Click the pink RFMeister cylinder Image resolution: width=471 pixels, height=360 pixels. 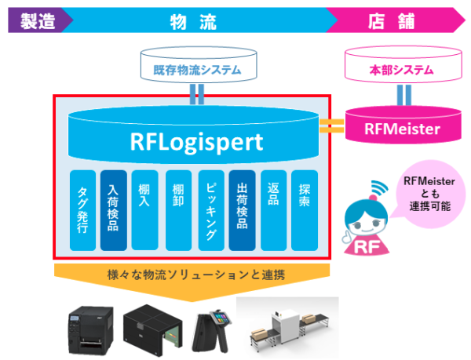[x=403, y=128]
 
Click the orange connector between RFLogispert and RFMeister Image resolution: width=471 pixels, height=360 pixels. [x=332, y=126]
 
